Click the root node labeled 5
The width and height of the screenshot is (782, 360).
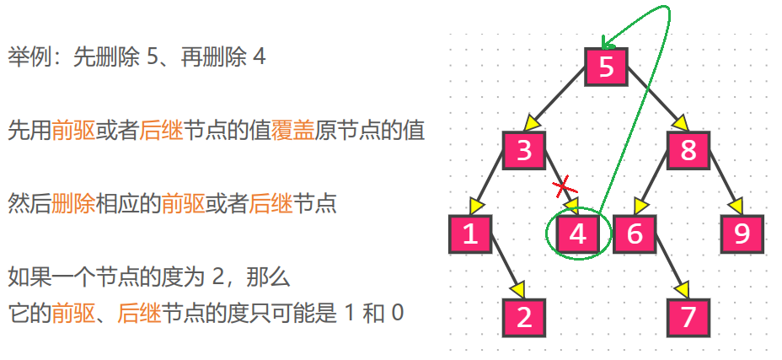(x=607, y=67)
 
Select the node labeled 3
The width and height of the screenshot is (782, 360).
(x=525, y=151)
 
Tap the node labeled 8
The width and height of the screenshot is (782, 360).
(x=688, y=151)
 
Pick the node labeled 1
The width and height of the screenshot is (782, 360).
(x=470, y=234)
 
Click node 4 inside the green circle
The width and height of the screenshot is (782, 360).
(x=577, y=234)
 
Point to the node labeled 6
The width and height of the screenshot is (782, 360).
(x=634, y=234)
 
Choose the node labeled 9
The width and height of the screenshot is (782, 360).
(x=742, y=234)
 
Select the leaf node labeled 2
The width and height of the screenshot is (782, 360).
(x=525, y=318)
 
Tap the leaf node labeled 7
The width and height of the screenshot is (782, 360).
(x=688, y=318)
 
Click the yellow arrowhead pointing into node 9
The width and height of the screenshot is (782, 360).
(x=736, y=206)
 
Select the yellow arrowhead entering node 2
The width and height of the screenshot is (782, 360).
(x=517, y=289)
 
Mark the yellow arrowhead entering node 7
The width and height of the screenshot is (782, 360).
(x=681, y=289)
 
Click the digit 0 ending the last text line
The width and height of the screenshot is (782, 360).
(x=397, y=314)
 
